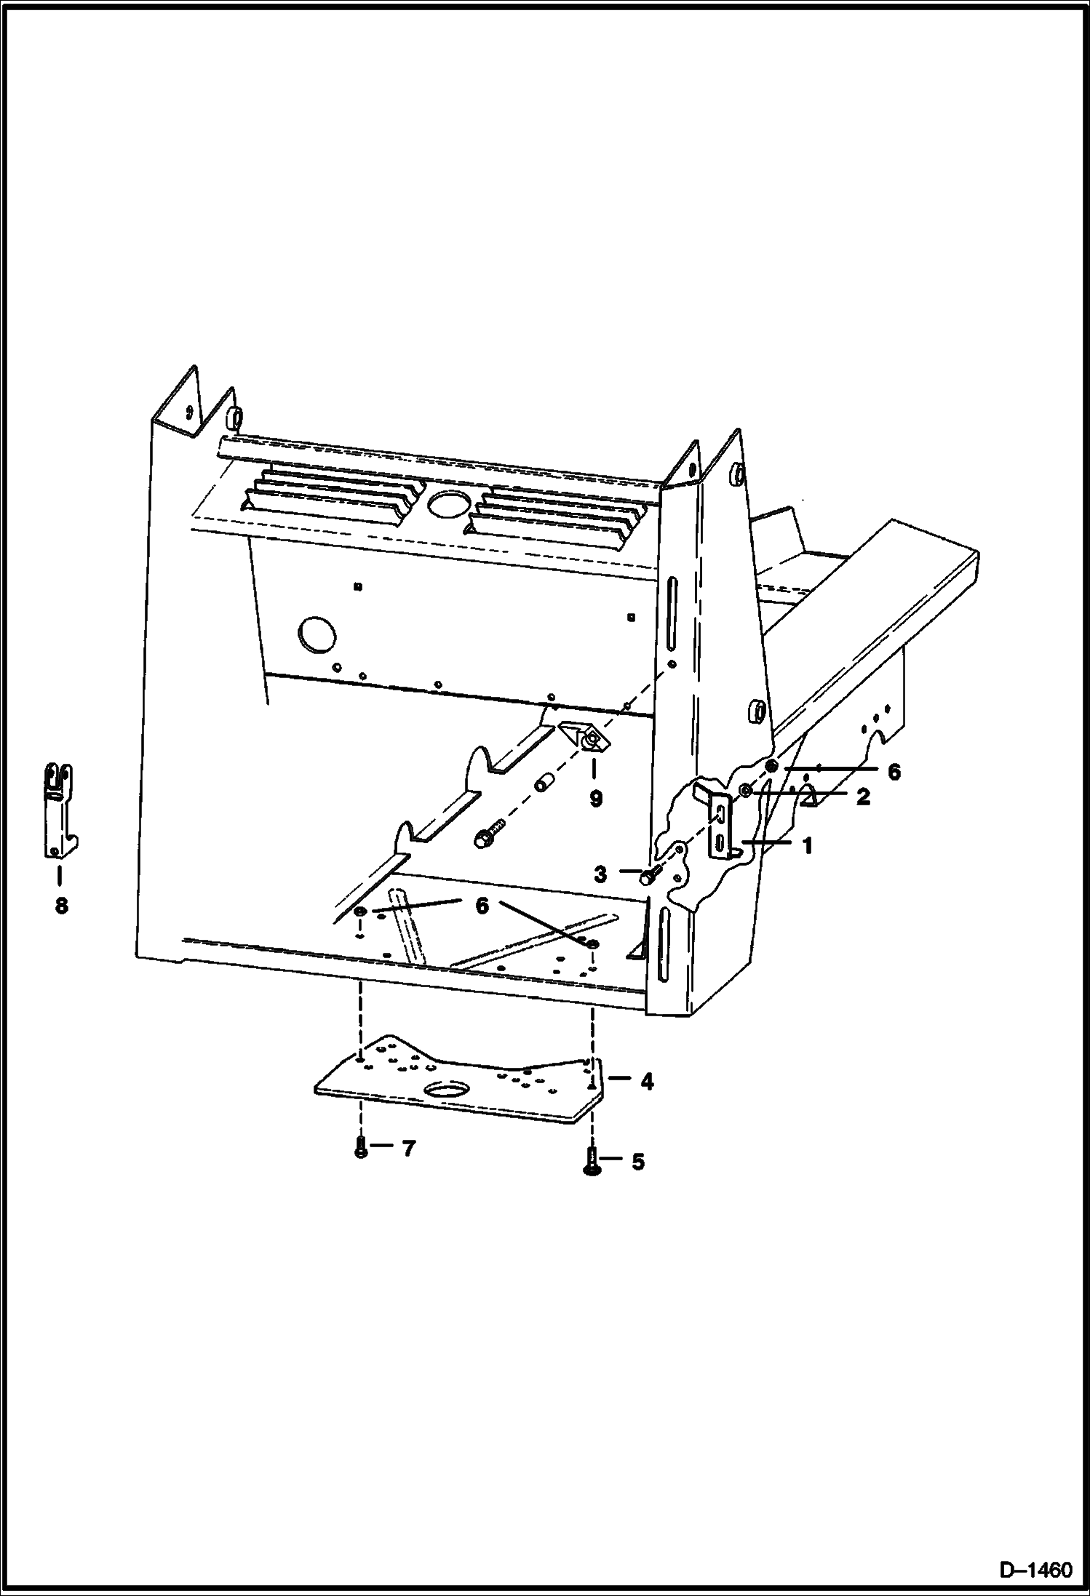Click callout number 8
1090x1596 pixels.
pyautogui.click(x=61, y=906)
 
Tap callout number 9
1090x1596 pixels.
pyautogui.click(x=596, y=799)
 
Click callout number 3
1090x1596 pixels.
pyautogui.click(x=600, y=874)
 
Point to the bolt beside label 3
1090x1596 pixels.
pyautogui.click(x=649, y=875)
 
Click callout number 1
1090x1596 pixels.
pyautogui.click(x=806, y=846)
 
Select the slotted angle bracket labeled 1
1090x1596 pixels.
pyautogui.click(x=721, y=826)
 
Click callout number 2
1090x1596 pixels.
pyautogui.click(x=863, y=797)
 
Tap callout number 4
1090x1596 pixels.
pyautogui.click(x=647, y=1082)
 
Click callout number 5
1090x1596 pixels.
pyautogui.click(x=637, y=1162)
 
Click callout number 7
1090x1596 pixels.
pyautogui.click(x=408, y=1149)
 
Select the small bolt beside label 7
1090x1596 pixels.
pyautogui.click(x=361, y=1149)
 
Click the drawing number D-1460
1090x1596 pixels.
pyautogui.click(x=1035, y=1571)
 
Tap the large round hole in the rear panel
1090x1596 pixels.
pyautogui.click(x=318, y=635)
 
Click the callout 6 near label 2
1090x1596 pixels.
pyautogui.click(x=894, y=772)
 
